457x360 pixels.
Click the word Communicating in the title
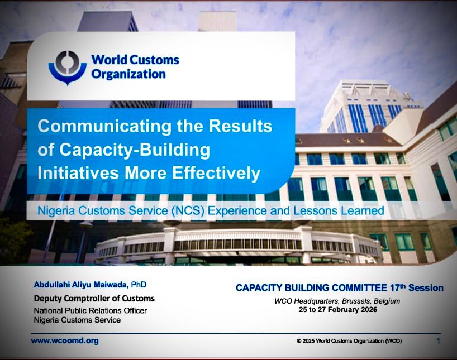(x=104, y=127)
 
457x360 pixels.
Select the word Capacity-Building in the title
(x=135, y=150)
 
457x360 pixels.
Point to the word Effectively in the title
(x=216, y=173)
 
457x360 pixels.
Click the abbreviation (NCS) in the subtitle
(x=188, y=210)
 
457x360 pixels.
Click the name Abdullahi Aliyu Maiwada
(x=81, y=285)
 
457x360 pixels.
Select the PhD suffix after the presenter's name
(x=139, y=285)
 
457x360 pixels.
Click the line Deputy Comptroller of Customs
(x=94, y=299)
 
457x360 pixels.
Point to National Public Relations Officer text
(x=91, y=310)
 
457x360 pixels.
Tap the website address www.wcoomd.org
(x=65, y=340)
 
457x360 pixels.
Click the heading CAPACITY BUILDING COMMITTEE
(x=312, y=288)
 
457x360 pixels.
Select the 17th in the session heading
(x=398, y=287)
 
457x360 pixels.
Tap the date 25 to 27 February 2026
(x=338, y=309)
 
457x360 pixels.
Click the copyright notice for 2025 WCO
(x=349, y=341)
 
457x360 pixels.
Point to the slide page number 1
(x=438, y=341)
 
